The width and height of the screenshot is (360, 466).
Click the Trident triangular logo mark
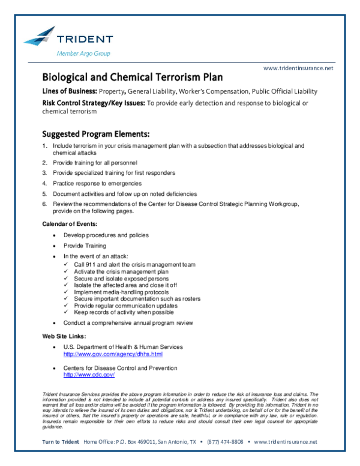pyautogui.click(x=40, y=35)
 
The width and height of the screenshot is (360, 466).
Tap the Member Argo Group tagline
pyautogui.click(x=83, y=53)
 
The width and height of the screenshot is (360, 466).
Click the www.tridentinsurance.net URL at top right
pyautogui.click(x=298, y=68)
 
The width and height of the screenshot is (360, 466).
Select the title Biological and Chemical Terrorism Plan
pyautogui.click(x=132, y=77)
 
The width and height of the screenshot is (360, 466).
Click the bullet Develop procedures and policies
pyautogui.click(x=106, y=235)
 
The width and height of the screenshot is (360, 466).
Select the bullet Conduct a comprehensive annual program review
pyautogui.click(x=128, y=322)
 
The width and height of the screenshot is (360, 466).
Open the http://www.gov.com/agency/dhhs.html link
pyautogui.click(x=113, y=354)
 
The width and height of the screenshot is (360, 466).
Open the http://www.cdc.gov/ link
pyautogui.click(x=89, y=374)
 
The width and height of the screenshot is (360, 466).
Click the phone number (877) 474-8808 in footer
pyautogui.click(x=225, y=441)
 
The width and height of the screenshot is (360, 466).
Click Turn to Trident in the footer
pyautogui.click(x=61, y=441)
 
